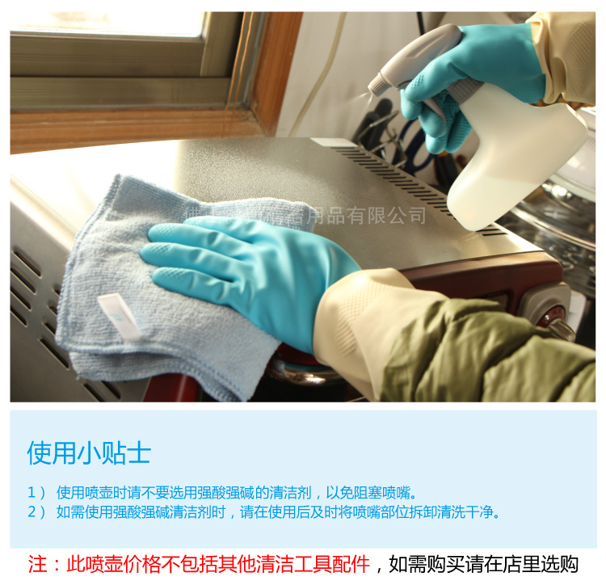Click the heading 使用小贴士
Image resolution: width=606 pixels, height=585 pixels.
coord(89,452)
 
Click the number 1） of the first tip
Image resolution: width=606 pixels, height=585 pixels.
coord(36,492)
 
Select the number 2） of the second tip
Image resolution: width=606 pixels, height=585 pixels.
coord(36,512)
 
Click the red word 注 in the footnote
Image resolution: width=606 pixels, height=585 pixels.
coord(37,563)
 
